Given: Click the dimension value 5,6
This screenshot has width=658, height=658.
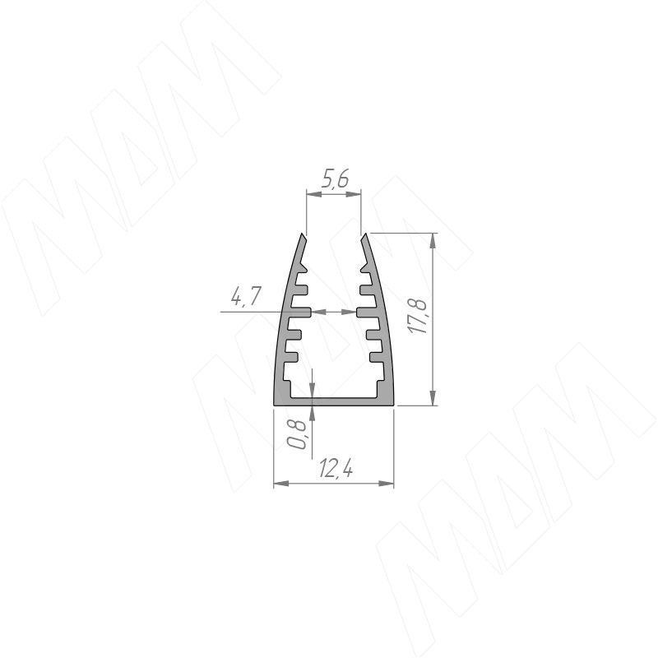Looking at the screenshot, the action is point(335,180).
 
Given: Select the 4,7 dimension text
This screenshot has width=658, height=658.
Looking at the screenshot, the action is point(246,296).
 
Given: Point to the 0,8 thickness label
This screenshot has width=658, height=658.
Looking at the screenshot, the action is point(298,435).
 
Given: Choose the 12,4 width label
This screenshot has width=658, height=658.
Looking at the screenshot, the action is point(336,468).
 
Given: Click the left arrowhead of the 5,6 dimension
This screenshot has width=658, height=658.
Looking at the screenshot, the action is point(314,194).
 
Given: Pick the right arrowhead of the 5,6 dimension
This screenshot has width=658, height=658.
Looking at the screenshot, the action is point(354,194).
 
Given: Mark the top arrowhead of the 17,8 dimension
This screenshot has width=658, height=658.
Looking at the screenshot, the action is point(433,240).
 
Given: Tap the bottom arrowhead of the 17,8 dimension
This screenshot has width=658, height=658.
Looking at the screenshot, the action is point(433,398).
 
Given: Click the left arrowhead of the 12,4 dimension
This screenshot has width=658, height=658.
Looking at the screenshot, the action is point(281,484).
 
